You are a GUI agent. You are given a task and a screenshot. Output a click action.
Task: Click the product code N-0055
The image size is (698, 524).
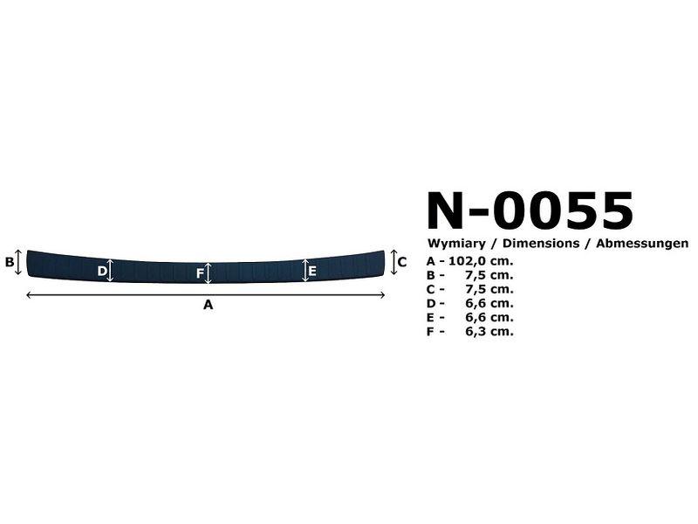(530, 210)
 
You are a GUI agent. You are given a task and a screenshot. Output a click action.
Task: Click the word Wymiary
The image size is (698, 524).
(456, 244)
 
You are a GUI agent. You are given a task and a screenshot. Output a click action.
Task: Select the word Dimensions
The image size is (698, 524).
(541, 244)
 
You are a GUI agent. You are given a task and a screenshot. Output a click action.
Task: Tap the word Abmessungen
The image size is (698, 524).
(642, 244)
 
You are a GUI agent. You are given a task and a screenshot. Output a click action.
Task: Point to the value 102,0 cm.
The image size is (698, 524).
(481, 260)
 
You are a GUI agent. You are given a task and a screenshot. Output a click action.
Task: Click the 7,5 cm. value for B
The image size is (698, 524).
(489, 275)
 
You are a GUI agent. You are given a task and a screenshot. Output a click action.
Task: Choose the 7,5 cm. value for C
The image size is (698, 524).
(489, 289)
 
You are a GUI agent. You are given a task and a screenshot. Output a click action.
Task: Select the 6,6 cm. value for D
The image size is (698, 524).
(489, 303)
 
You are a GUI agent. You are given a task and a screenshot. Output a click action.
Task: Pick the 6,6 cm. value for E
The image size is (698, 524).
(489, 317)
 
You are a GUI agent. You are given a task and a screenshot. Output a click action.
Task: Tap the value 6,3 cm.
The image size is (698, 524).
(489, 332)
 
